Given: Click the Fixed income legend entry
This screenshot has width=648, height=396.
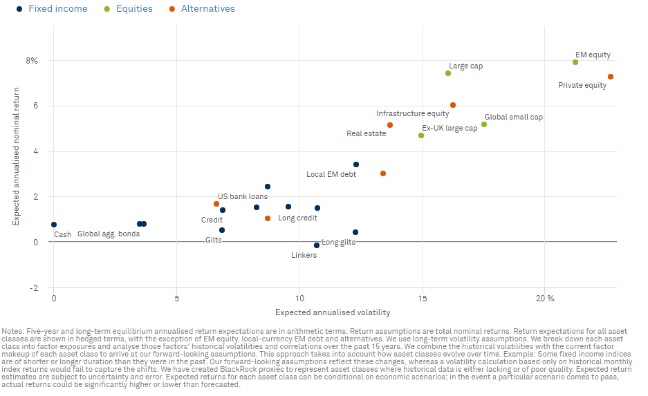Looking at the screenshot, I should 52,9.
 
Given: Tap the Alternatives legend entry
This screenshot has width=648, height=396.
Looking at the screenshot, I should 201,9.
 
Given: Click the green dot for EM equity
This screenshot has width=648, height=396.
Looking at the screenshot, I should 575,62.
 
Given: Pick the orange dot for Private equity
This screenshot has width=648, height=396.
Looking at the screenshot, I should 611,77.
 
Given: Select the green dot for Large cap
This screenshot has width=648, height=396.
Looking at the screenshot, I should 448,73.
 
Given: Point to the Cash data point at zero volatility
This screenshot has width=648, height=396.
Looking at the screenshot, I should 54,225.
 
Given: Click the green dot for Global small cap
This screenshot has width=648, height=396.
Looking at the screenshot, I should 484,124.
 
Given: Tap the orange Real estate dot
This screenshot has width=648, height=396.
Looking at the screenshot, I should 390,125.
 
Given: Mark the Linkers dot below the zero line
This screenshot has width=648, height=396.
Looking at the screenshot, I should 317,245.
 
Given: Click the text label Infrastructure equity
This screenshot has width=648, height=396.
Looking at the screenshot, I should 412,113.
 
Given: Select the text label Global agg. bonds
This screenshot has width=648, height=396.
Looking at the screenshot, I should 108,234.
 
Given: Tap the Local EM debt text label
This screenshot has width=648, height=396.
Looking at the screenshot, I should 331,174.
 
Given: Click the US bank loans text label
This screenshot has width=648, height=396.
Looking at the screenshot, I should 243,196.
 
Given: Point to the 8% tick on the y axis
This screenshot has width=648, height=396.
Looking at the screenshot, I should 32,61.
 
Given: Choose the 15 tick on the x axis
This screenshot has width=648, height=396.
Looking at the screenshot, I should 422,298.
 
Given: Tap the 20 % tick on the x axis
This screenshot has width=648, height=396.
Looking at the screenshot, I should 546,298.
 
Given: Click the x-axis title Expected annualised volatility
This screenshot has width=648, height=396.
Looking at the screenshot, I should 332,313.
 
